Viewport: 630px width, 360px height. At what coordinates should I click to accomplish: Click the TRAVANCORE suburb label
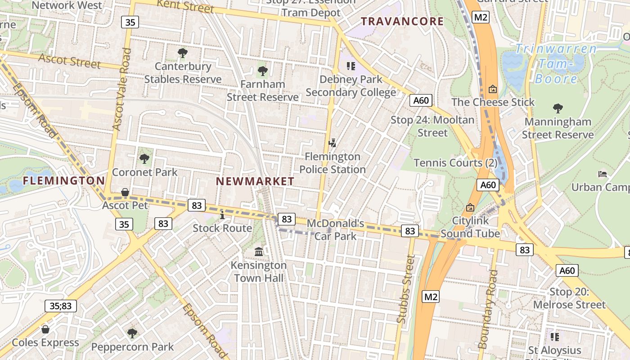(x=402, y=21)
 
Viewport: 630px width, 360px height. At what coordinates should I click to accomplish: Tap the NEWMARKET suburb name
(x=255, y=181)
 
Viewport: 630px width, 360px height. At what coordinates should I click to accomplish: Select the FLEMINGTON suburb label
(x=63, y=181)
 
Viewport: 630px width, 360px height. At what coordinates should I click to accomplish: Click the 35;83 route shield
(x=61, y=306)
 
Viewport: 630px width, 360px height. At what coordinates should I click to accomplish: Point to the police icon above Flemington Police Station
(x=333, y=144)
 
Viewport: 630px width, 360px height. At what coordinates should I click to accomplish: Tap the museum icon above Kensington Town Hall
(x=259, y=252)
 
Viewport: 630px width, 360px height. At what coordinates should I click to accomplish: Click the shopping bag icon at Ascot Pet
(x=125, y=193)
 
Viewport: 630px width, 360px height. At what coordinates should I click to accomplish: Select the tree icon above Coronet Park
(x=144, y=158)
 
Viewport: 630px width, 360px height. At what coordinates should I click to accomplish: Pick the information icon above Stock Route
(x=222, y=215)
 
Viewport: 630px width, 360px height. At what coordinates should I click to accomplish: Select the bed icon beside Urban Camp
(x=603, y=174)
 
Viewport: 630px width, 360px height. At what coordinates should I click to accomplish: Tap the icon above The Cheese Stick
(x=493, y=89)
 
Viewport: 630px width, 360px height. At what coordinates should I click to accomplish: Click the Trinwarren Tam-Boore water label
(x=556, y=63)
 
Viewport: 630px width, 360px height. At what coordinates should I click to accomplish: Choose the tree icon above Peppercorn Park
(x=132, y=333)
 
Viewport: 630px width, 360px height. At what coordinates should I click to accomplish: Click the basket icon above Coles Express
(x=45, y=329)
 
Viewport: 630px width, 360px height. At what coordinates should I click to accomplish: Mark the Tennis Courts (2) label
(x=455, y=163)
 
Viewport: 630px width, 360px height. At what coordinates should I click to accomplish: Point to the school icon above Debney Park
(x=351, y=67)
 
